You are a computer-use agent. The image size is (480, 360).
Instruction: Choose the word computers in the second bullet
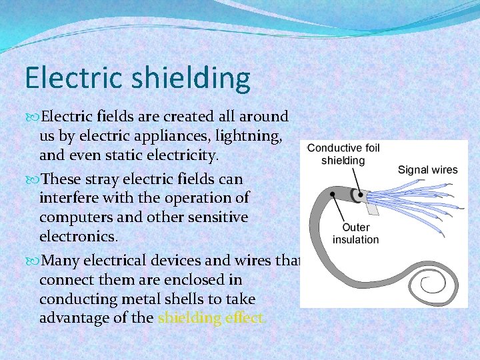73,217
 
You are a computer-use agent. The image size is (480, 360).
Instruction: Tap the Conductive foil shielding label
343,154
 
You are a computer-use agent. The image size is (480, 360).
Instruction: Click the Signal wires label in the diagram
427,169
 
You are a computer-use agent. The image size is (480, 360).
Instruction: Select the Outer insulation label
355,233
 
